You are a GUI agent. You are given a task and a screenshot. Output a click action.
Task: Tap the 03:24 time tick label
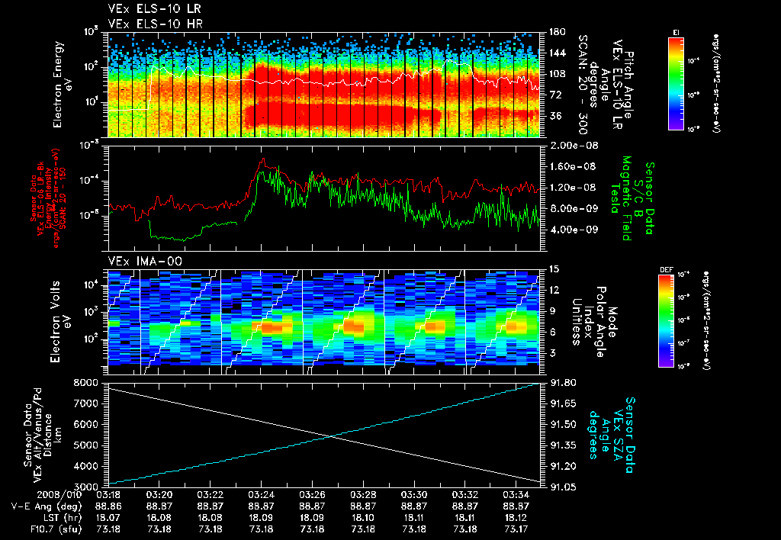261,494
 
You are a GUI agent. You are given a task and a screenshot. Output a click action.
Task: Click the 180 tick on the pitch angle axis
555,32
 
